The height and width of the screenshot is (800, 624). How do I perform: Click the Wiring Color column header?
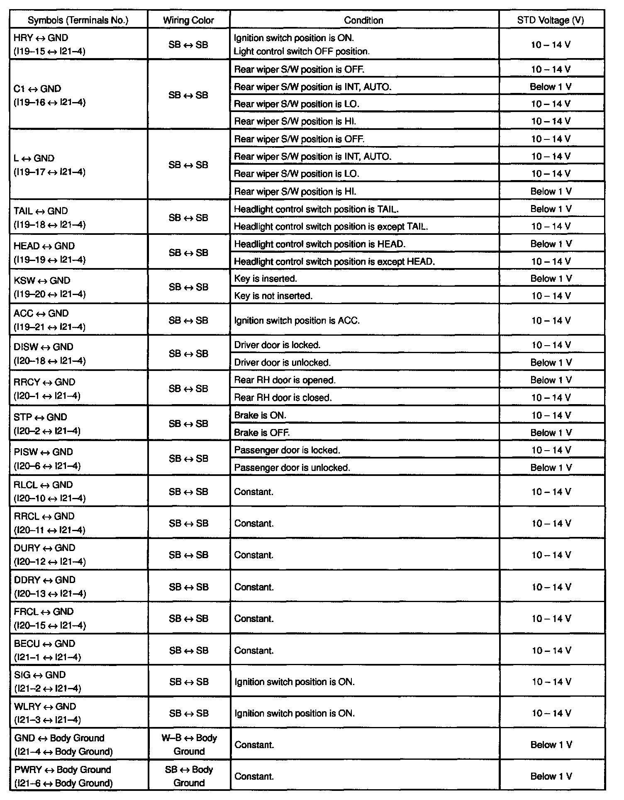(x=188, y=20)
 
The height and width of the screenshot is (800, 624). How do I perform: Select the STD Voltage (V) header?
(x=551, y=20)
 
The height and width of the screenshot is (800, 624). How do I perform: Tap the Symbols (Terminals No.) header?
(x=78, y=20)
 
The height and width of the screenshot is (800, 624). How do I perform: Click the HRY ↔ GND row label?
(x=49, y=44)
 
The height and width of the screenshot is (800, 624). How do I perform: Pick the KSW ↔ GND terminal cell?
(x=49, y=287)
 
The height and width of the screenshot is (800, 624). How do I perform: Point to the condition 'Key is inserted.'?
(x=266, y=278)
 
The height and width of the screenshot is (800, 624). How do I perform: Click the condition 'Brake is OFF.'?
(x=262, y=432)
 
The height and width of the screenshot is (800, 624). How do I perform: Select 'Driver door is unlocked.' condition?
(x=282, y=362)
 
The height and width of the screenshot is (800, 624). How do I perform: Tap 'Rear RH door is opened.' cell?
(x=285, y=380)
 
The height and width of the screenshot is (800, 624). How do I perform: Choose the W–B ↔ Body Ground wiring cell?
(x=189, y=744)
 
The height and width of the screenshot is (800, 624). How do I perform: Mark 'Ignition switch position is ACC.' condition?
(x=297, y=320)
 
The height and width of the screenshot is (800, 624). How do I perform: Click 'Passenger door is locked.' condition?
(x=287, y=450)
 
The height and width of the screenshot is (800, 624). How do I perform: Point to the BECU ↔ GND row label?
(x=47, y=650)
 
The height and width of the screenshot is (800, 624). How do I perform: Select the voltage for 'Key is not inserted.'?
(x=551, y=296)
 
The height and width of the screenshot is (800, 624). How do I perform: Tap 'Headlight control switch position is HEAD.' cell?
(x=319, y=244)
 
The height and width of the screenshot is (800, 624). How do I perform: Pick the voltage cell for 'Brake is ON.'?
(x=551, y=415)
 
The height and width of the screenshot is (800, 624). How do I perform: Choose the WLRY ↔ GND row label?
(x=47, y=713)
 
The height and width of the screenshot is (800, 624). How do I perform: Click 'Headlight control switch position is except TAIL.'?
(x=331, y=226)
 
